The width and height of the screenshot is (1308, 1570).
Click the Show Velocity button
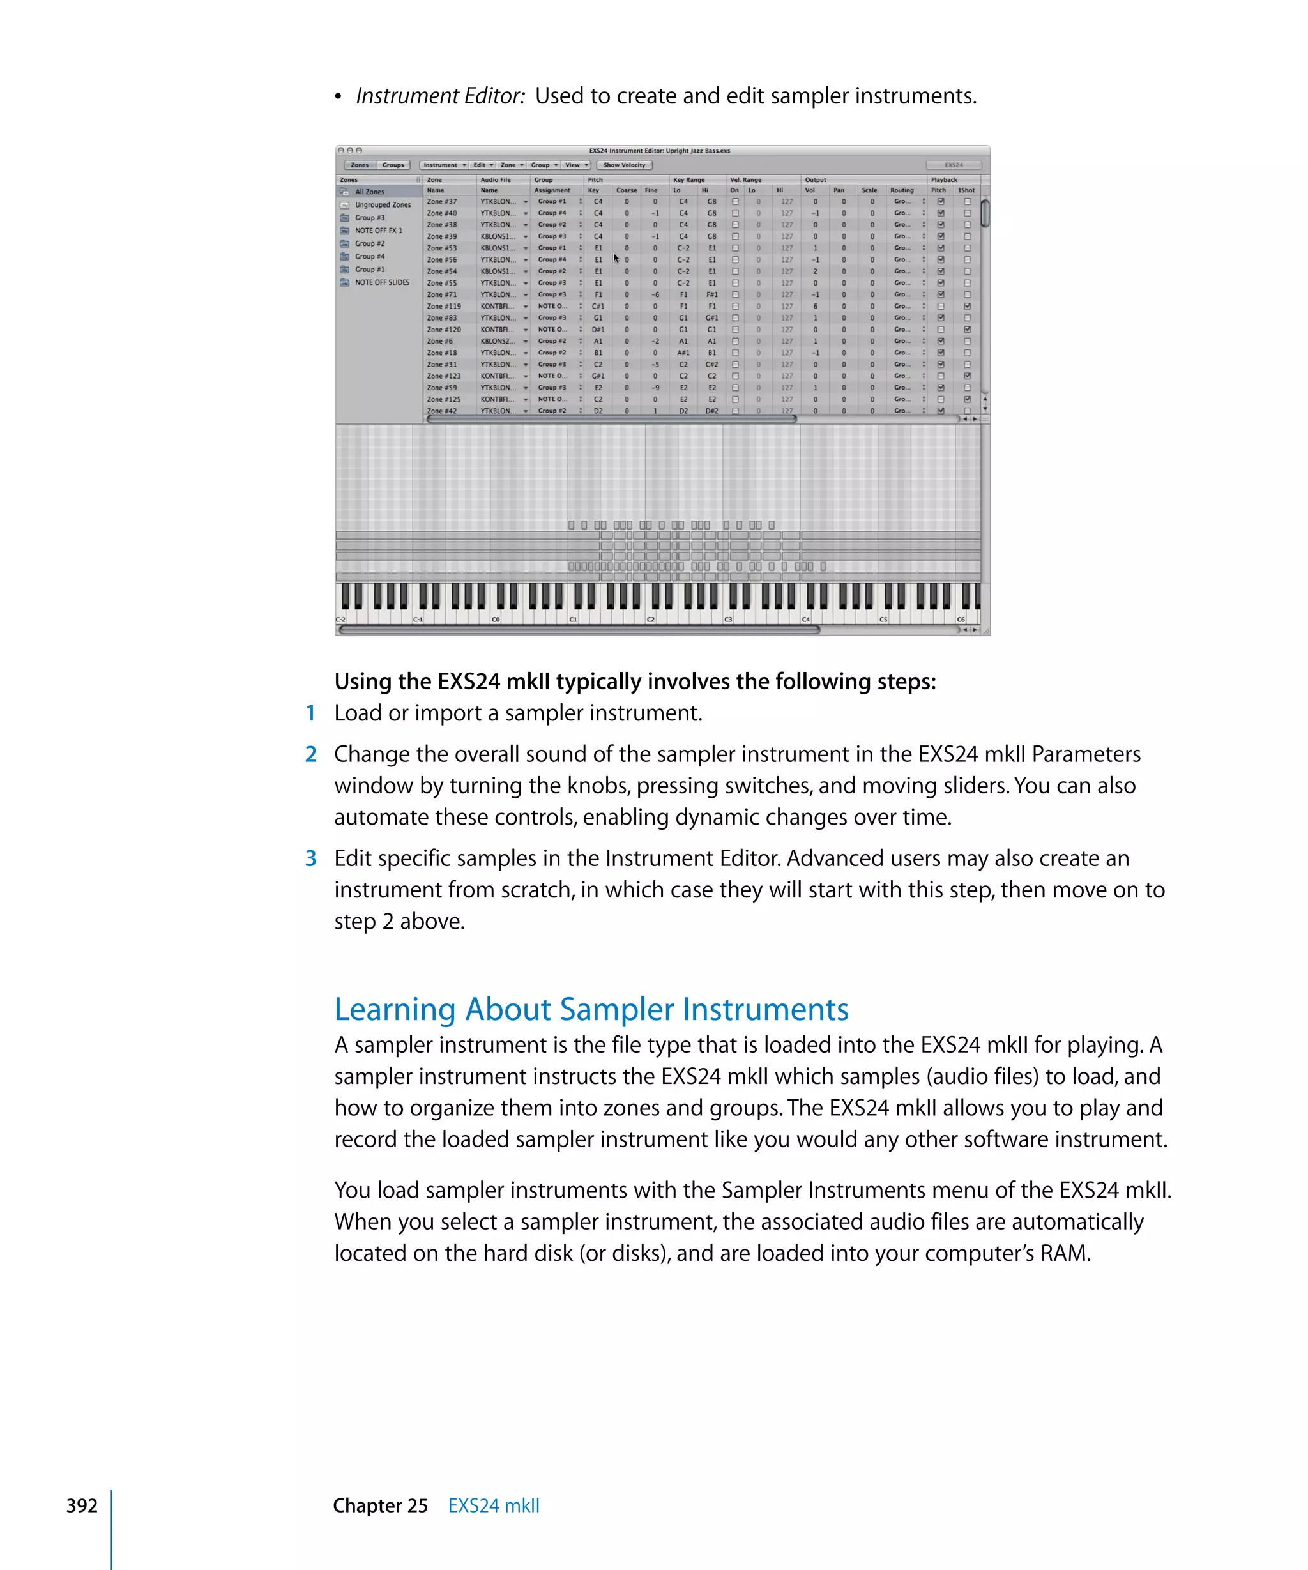point(624,165)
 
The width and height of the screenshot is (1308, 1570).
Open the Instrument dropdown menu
point(444,165)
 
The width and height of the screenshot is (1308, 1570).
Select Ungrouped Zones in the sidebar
point(382,205)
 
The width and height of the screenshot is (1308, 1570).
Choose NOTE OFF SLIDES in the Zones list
point(381,282)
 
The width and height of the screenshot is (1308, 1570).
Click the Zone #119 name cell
point(444,307)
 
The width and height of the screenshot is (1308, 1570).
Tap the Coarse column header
point(627,190)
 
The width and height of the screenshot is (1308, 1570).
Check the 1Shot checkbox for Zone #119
point(967,307)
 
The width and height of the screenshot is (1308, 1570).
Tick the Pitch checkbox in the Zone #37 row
point(941,202)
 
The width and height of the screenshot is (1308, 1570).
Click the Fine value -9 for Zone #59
point(655,388)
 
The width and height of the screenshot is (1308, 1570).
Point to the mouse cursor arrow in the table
point(616,258)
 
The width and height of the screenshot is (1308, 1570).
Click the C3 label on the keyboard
point(728,619)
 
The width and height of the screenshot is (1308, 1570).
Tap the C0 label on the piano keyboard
point(496,619)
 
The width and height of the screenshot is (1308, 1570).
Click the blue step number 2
point(311,754)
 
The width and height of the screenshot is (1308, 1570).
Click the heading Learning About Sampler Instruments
point(591,1009)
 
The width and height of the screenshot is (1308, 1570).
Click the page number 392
point(82,1505)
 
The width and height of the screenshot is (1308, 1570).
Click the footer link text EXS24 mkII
point(493,1505)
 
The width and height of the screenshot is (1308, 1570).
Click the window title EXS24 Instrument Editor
point(658,151)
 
